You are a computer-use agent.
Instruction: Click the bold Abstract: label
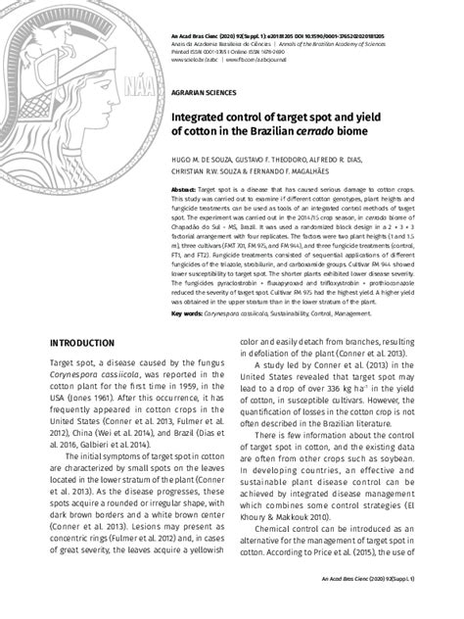[x=183, y=188]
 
